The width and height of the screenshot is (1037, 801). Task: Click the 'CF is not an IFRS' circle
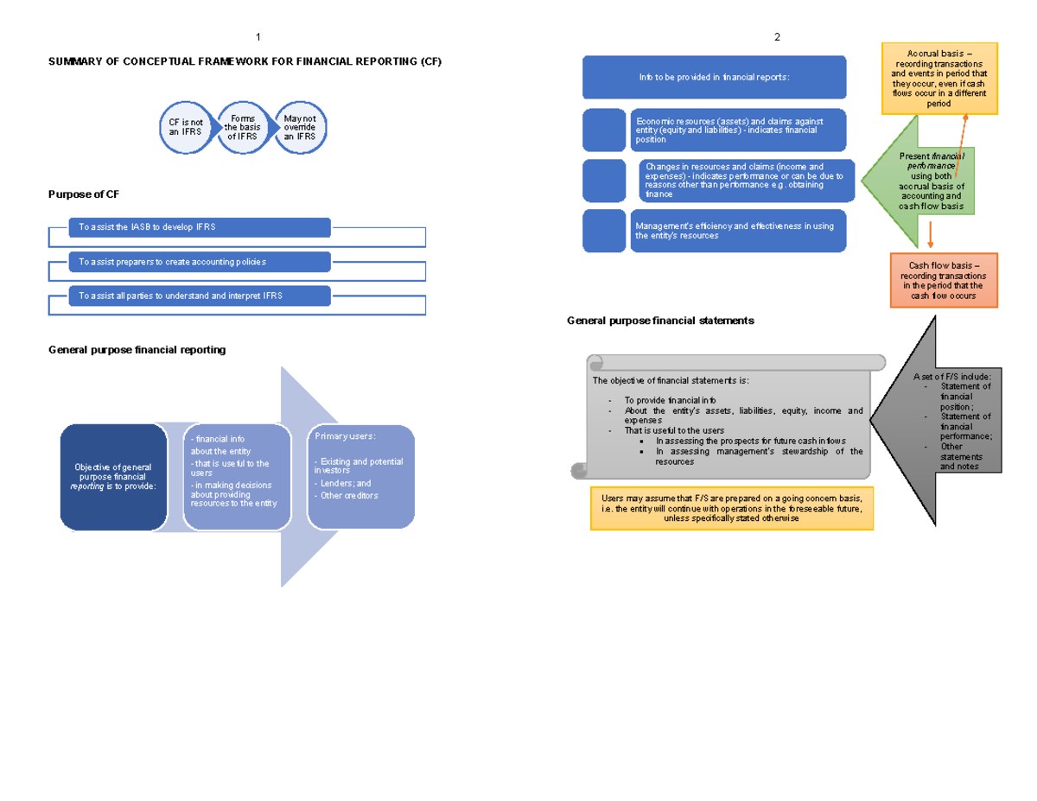coord(185,129)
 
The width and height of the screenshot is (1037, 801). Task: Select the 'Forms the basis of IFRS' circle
coord(242,128)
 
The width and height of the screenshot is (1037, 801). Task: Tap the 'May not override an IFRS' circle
coord(300,128)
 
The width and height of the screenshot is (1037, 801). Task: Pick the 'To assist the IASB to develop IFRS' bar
coord(200,227)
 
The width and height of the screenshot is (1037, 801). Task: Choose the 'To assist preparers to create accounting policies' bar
coord(200,262)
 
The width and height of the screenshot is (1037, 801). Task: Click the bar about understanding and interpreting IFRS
coord(200,296)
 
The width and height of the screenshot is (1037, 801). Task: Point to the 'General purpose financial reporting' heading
coord(137,350)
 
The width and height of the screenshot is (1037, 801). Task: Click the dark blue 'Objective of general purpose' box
coord(113,477)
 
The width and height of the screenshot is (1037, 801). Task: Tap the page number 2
coord(777,37)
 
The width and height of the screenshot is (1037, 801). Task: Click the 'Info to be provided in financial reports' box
coord(714,77)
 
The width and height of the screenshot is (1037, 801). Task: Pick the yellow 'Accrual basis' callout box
coord(938,78)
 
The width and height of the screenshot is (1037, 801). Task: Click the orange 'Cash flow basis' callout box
coord(943,280)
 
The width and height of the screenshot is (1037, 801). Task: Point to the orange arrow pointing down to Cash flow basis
coord(931,234)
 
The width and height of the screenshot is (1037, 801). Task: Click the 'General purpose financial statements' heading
coord(660,321)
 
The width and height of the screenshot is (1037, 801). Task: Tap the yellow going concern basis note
coord(731,508)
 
